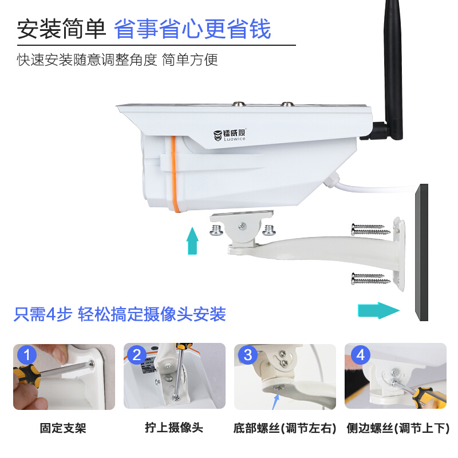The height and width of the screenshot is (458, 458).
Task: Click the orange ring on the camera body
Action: point(173,172)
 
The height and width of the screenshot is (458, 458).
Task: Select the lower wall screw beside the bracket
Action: point(370,279)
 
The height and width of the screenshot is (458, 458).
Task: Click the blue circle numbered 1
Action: point(26,355)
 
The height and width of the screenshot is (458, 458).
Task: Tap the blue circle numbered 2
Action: point(137,355)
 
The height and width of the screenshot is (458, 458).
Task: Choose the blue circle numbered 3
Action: point(247,355)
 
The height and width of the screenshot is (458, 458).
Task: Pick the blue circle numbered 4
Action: point(360,355)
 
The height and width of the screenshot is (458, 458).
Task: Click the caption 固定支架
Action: point(63,428)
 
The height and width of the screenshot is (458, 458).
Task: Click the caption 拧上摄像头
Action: point(174,428)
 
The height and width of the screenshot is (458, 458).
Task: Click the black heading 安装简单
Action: point(61,29)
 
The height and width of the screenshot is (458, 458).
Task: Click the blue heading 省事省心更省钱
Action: point(192,29)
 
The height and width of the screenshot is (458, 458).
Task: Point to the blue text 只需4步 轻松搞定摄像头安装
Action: point(120,314)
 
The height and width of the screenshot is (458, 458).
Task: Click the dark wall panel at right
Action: point(423,252)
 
